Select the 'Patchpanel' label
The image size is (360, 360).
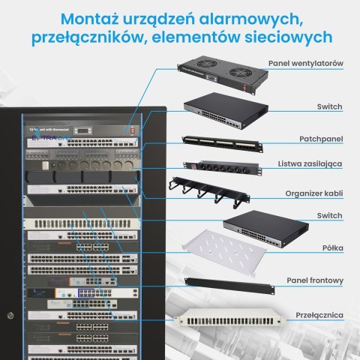[323, 139]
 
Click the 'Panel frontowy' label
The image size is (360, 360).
[316, 280]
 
